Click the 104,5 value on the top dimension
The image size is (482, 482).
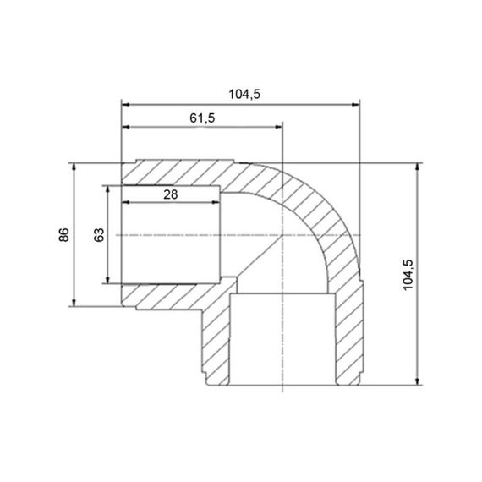click(x=243, y=95)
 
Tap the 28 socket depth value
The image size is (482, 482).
click(x=170, y=194)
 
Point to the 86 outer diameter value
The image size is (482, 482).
click(x=64, y=234)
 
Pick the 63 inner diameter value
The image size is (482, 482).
click(x=99, y=234)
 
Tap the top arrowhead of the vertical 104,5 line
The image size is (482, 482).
click(x=418, y=167)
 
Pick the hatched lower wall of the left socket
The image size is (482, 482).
click(x=173, y=295)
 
